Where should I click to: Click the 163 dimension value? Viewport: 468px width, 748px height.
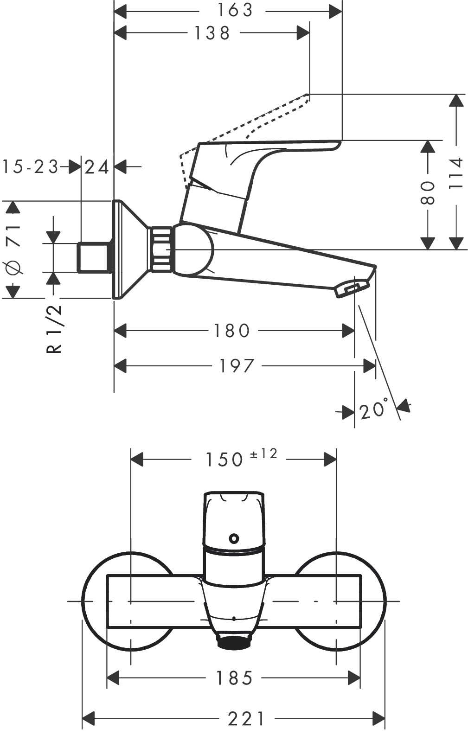pos(235,10)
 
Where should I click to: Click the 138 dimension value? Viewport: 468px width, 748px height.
pos(212,33)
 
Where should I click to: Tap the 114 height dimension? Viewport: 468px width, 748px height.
pos(456,173)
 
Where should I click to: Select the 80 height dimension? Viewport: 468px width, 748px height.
pos(428,193)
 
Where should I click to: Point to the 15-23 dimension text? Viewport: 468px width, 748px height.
pos(31,166)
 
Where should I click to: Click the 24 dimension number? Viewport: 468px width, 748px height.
pos(97,166)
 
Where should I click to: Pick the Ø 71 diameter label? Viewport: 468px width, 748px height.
pos(13,249)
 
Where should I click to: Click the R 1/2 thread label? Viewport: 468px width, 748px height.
pos(55,329)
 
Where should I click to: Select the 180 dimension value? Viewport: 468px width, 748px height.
pos(232,331)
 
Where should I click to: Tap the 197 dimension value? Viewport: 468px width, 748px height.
pos(237,366)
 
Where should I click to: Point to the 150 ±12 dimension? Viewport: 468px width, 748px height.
pos(241,458)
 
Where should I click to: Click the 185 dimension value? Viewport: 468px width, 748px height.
pos(234,678)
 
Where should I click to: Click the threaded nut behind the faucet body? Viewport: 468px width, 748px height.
pos(161,249)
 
